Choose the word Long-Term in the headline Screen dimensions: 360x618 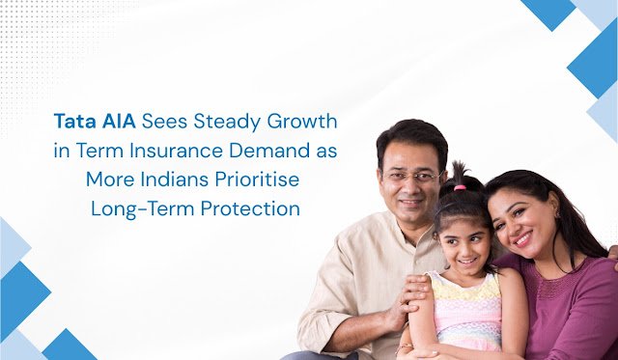135,208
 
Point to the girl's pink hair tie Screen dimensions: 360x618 461,186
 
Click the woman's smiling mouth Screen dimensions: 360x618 523,235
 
